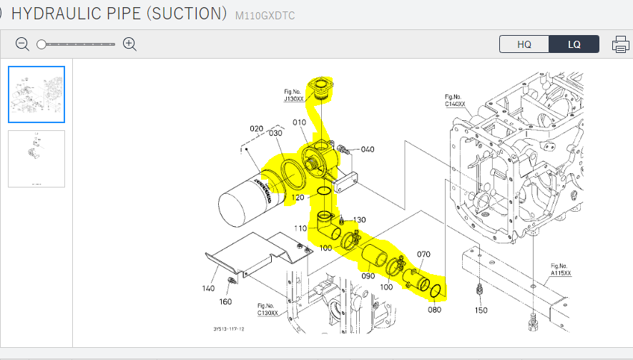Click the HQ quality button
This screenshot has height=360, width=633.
(524, 44)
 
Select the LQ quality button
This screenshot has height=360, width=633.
(574, 44)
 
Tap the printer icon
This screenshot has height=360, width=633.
(620, 44)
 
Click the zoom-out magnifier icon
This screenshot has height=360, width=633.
(23, 44)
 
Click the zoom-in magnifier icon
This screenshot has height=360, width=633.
(129, 44)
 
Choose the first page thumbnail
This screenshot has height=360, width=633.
(36, 94)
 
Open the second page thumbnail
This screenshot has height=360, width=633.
(36, 159)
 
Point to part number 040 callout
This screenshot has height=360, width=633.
(367, 149)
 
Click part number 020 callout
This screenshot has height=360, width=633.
(256, 130)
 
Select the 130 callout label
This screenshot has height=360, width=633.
(358, 220)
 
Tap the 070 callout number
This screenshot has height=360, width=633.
(423, 254)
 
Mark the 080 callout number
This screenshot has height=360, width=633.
(434, 309)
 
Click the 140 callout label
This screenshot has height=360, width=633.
(208, 288)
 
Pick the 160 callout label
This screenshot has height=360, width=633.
(226, 302)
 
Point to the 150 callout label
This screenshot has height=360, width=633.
(481, 311)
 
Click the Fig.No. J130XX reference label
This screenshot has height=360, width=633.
(294, 96)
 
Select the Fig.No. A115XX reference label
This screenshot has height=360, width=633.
(560, 269)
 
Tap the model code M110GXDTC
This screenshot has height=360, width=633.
(265, 15)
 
